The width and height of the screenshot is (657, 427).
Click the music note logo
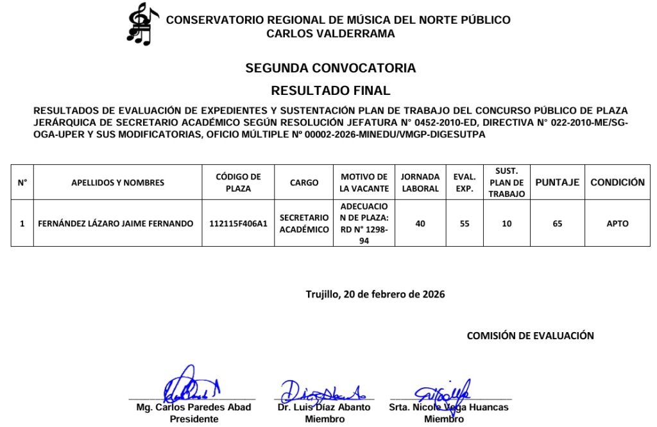coord(142,24)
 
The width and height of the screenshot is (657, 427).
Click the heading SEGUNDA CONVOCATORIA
coord(330,68)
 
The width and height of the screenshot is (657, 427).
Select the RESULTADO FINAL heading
coord(330,90)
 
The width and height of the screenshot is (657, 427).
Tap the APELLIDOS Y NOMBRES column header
coord(117,183)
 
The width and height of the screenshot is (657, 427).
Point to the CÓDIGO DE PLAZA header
coord(238,183)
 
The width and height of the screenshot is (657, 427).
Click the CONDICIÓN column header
coord(617,183)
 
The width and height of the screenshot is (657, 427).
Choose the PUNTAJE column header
coord(557,183)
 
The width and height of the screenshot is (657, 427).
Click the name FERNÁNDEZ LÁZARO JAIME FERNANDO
coord(115,224)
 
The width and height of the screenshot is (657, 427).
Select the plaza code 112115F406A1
coord(238,224)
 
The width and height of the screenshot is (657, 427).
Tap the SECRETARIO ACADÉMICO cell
coord(304,224)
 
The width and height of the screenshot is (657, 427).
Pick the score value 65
coord(557,224)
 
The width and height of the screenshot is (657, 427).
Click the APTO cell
coord(617,224)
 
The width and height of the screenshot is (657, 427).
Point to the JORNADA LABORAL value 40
coord(420,224)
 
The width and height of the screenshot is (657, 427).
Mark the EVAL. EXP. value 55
coord(465,224)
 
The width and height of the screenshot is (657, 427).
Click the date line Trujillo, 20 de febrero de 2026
coord(375,294)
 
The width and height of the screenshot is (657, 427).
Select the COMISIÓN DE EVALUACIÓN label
coord(530,335)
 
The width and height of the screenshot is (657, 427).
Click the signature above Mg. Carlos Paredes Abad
coord(190,385)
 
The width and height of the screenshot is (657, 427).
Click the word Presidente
coord(194,419)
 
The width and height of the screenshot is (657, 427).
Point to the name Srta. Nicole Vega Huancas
coord(448,407)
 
